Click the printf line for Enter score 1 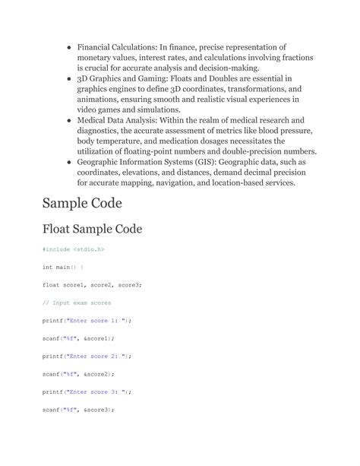[x=87, y=320]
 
